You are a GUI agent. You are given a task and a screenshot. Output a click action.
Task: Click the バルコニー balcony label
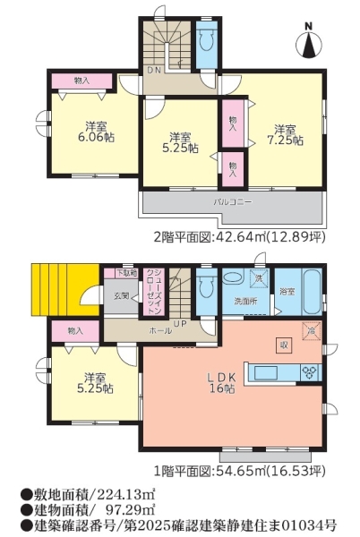point(232,202)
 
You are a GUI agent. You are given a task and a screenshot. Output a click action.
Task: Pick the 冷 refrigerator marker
point(311,329)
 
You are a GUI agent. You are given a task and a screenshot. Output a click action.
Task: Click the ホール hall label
point(161,330)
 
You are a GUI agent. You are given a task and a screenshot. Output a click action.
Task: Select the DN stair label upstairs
point(153,69)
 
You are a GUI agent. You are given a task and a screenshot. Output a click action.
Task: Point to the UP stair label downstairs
point(180,322)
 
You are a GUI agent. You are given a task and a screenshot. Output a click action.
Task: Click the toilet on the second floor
point(206,42)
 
